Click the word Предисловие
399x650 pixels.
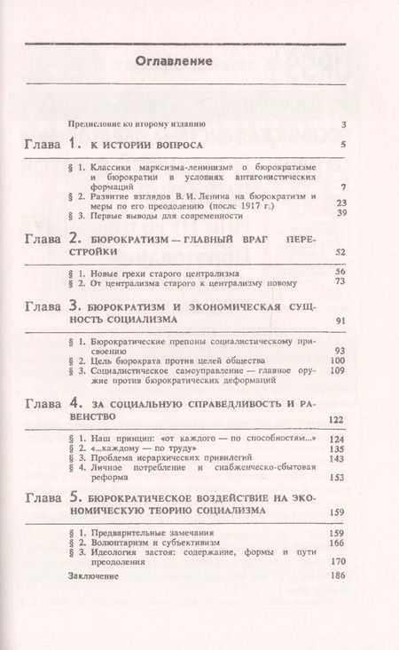pyautogui.click(x=96, y=124)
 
